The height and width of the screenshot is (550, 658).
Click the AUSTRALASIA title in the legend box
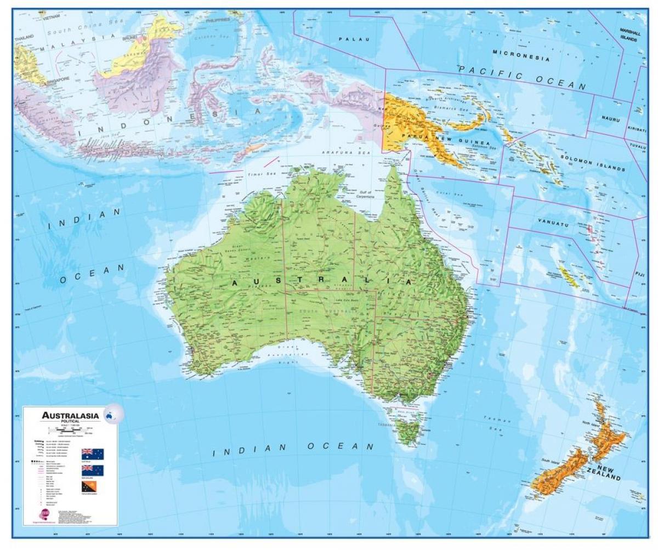pos(71,415)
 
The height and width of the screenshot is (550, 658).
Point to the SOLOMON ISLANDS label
pos(593,163)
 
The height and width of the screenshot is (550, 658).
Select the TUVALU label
pos(638,146)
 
